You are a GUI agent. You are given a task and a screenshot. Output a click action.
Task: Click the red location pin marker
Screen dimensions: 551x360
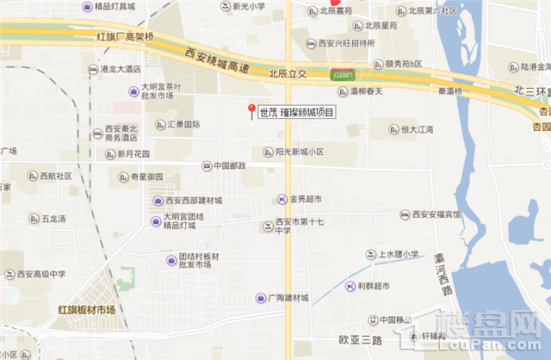(x=251, y=111)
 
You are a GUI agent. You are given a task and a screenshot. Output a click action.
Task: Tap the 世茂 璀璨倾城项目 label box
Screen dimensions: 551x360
(x=296, y=112)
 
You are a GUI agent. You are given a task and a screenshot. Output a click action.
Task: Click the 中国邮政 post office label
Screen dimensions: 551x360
(x=229, y=165)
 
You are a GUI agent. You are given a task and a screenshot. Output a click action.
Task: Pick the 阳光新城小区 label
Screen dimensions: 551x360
(x=299, y=152)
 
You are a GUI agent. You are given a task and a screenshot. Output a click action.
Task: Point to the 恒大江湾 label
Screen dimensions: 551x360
(x=417, y=129)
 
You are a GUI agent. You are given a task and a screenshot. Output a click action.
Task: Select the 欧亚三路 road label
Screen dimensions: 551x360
(x=360, y=340)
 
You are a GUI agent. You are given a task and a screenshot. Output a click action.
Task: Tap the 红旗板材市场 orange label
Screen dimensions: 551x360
(x=87, y=309)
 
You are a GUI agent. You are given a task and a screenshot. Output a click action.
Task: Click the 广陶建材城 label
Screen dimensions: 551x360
(x=287, y=298)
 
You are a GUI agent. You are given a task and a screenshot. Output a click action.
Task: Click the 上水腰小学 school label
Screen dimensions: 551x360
(x=398, y=254)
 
